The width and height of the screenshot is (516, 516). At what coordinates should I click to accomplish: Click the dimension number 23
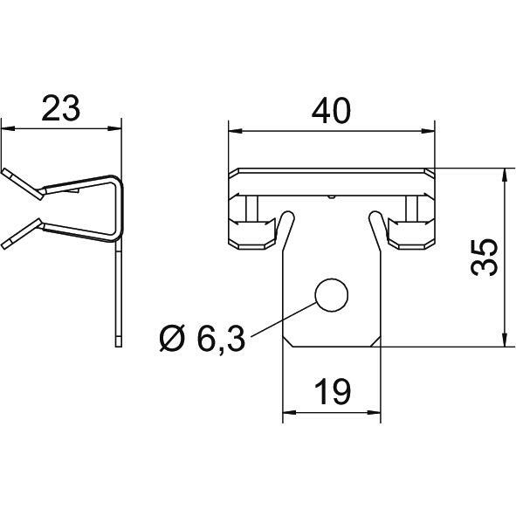pos(61,108)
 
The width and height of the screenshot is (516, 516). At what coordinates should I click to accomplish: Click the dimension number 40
pos(331,111)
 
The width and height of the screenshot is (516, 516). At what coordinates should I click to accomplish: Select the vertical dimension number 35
pos(484,258)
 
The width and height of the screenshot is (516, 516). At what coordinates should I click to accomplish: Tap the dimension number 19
pos(333,392)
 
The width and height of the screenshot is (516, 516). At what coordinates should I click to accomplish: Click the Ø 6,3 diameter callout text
pos(203,339)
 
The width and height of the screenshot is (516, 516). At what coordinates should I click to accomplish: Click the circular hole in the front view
pos(332,295)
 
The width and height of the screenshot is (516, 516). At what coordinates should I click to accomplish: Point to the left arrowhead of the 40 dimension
pos(235,131)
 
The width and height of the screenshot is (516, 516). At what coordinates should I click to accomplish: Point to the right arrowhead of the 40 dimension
pos(428,131)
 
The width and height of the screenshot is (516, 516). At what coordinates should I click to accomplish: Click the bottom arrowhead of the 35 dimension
pos(504,340)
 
